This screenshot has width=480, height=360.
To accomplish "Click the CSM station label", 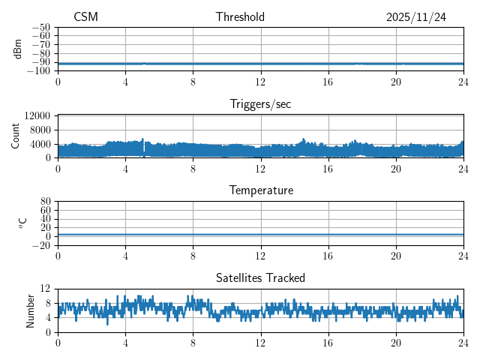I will coord(85,17).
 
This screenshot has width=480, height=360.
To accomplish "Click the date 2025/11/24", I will coord(416,17).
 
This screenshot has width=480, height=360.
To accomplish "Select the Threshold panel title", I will coord(240,17).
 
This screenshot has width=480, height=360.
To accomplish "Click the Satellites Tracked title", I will coord(260,277).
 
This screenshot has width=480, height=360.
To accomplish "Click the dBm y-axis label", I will coord(18,49).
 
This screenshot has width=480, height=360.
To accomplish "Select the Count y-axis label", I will coord(16,136).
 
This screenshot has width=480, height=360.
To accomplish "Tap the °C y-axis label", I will coord(22,223).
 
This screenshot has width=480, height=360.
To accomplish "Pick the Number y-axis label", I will coord(31,310).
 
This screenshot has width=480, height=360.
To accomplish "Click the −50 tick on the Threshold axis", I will coord(41,27).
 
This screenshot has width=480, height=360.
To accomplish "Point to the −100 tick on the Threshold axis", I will coord(39,71).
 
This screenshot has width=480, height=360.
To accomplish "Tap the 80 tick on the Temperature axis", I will coord(45,202).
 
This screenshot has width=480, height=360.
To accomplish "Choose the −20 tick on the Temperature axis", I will coord(41,245).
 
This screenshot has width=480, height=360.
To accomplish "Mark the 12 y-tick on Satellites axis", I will coord(45,289).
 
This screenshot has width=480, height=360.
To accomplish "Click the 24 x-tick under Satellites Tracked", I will coord(463,343).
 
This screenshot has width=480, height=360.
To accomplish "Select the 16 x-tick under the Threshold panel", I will coord(328,82).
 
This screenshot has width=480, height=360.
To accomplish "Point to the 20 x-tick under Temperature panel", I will coord(396,256).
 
